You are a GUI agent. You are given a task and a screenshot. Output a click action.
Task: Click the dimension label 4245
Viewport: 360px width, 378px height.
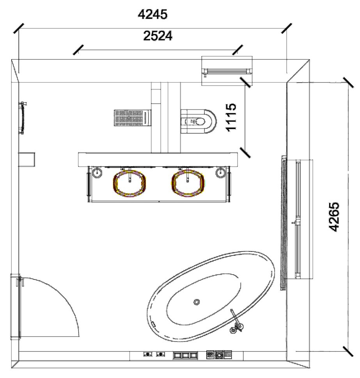click(153, 14)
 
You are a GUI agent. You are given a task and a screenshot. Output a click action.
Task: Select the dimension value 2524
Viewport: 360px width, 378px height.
click(158, 36)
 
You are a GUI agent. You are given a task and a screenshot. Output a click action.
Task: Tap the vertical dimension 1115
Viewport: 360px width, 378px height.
click(231, 117)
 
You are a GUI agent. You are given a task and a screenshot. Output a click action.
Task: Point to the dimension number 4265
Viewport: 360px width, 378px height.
click(334, 217)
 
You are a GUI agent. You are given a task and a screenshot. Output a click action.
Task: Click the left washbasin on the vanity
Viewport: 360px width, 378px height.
click(129, 182)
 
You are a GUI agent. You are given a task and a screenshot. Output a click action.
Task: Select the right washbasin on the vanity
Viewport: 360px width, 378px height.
click(188, 182)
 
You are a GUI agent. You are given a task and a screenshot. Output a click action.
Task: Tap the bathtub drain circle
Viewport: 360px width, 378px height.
click(197, 302)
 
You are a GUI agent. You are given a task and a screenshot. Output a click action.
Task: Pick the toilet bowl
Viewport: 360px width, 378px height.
click(198, 121)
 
